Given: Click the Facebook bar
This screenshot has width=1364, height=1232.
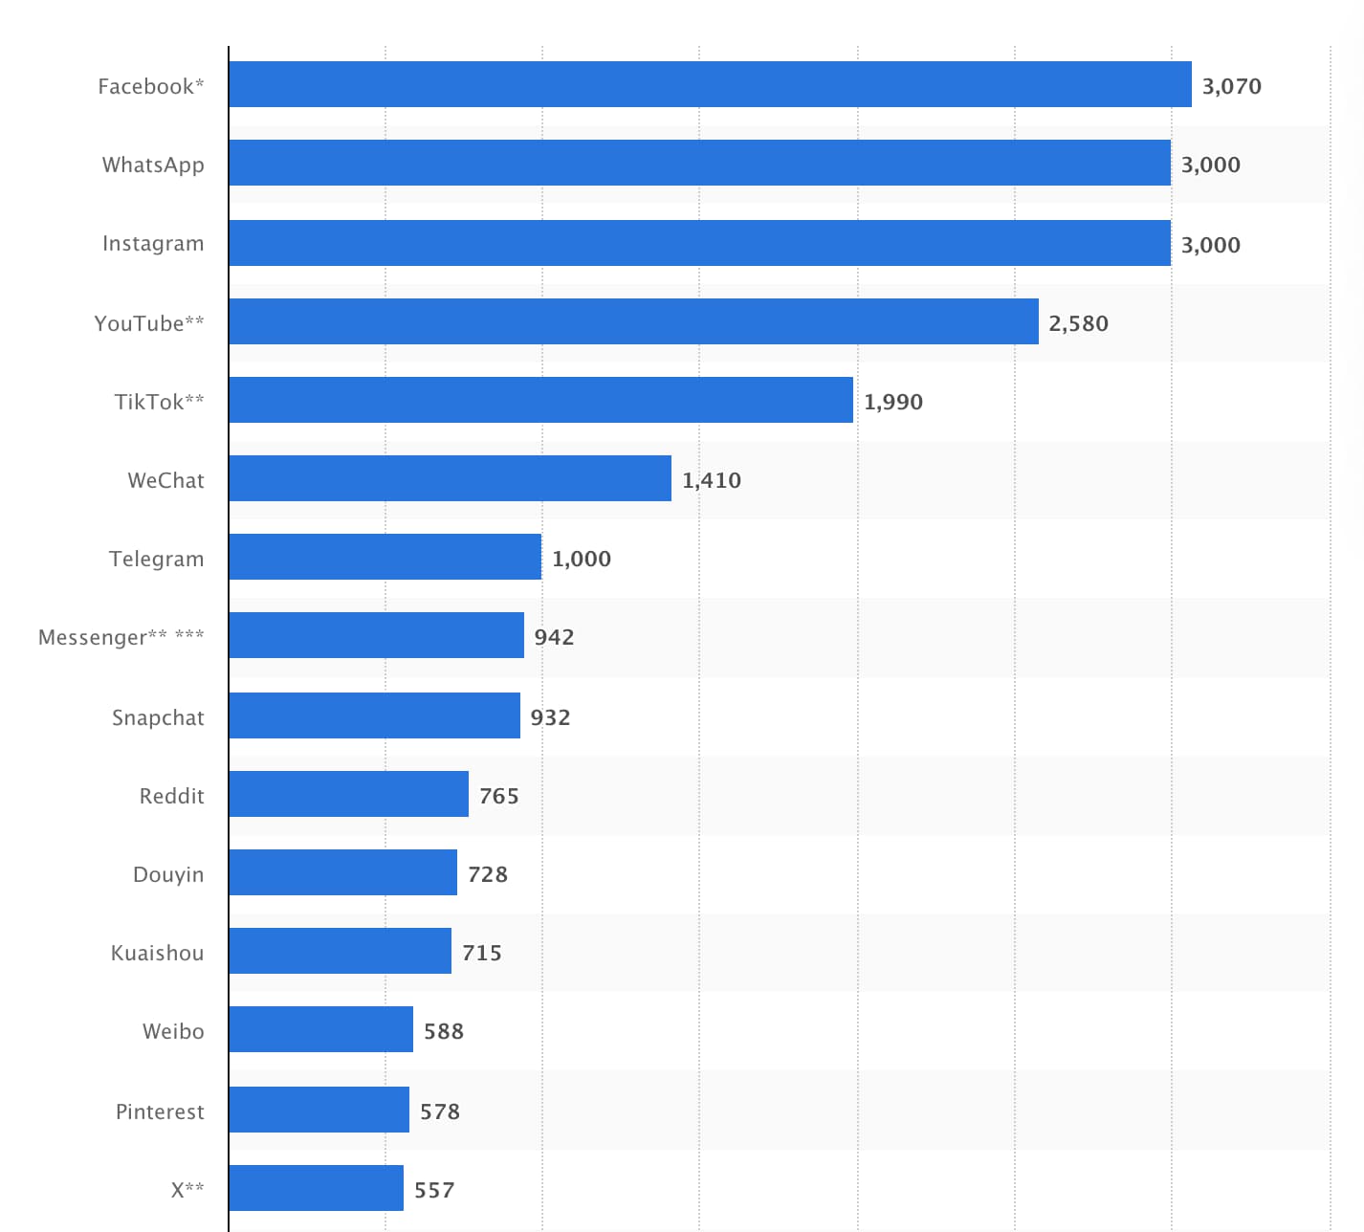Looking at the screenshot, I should [710, 84].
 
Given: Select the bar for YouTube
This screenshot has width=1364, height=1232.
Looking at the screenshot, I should [633, 321].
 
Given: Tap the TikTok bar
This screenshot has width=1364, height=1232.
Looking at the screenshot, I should [540, 400].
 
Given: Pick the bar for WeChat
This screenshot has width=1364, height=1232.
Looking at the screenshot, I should [450, 478].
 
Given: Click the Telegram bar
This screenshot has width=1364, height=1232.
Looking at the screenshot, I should [385, 557].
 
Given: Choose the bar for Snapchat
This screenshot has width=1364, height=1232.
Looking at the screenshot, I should [374, 715].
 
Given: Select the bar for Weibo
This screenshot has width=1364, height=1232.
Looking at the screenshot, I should [320, 1029].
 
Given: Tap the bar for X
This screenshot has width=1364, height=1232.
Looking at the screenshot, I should [316, 1188].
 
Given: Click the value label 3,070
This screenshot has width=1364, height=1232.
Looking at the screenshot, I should [1231, 86].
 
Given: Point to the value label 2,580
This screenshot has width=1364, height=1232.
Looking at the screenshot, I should [1078, 323].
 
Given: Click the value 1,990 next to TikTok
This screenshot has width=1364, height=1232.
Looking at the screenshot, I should [892, 402].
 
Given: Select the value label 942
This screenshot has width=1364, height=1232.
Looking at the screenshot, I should [554, 637].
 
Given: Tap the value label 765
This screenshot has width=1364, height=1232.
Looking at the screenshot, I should [498, 796].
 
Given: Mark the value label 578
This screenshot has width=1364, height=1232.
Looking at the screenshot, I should [439, 1111].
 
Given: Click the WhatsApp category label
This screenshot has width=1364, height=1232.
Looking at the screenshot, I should [153, 165].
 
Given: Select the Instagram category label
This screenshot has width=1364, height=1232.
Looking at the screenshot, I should [153, 243].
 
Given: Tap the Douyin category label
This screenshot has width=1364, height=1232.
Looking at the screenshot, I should [168, 874].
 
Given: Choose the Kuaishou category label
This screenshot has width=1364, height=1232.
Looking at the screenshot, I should [157, 953].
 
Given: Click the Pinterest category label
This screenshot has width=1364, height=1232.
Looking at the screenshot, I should [160, 1111].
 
